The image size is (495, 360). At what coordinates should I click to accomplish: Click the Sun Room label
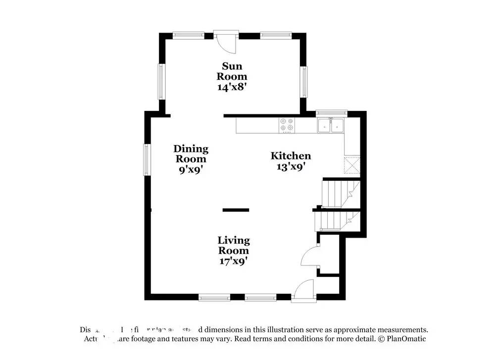click(x=234, y=71)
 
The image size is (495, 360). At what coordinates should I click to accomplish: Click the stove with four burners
click(x=286, y=125)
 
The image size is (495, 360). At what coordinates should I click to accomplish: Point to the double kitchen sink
click(x=331, y=125)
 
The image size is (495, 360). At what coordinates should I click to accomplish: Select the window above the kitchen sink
click(x=331, y=112)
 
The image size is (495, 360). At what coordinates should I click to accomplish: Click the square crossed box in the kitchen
click(x=352, y=165)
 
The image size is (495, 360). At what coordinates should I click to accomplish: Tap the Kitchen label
click(x=291, y=156)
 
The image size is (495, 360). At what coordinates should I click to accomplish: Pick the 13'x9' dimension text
click(x=291, y=167)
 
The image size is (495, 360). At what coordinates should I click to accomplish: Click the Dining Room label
click(x=191, y=154)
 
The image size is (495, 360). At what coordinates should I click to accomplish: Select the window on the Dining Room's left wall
click(x=147, y=159)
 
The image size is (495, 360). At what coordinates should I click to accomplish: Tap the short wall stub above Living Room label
click(x=236, y=210)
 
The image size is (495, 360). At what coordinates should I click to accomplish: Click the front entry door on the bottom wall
click(x=303, y=291)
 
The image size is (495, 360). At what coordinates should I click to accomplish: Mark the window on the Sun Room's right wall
click(x=303, y=82)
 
